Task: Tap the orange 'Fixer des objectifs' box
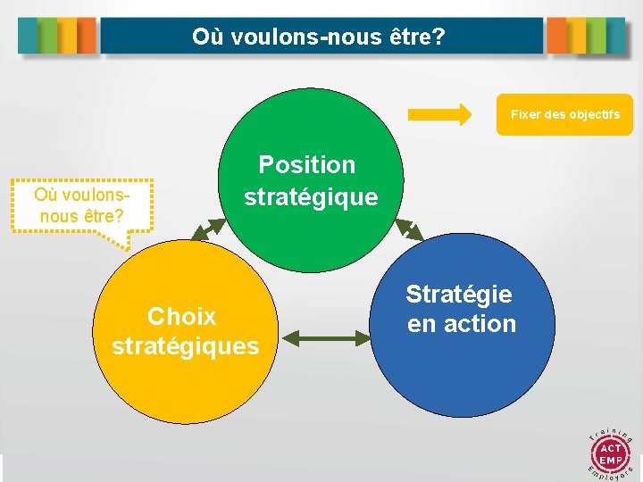click(x=564, y=115)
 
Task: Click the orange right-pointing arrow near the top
click(x=439, y=114)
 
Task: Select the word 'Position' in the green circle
click(x=306, y=164)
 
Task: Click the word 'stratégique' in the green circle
click(x=311, y=196)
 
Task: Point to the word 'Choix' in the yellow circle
click(x=182, y=316)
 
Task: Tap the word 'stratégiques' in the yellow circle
click(x=185, y=345)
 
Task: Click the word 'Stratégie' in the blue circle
click(x=459, y=294)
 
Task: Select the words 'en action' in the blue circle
click(x=462, y=324)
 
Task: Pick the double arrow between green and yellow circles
click(x=208, y=229)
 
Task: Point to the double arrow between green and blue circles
click(x=409, y=229)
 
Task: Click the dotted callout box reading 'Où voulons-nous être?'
click(x=81, y=205)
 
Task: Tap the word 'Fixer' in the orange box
click(x=524, y=115)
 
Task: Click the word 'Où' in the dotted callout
click(x=45, y=195)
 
